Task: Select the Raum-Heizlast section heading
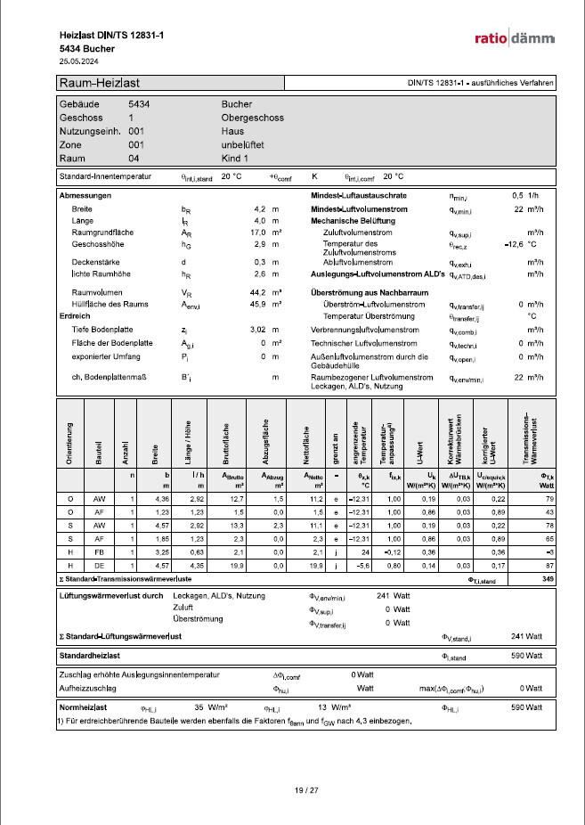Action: pyautogui.click(x=98, y=83)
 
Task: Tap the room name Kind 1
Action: pyautogui.click(x=236, y=158)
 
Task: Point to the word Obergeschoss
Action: pyautogui.click(x=252, y=118)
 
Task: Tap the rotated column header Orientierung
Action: pyautogui.click(x=70, y=445)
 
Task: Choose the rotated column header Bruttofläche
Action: pyautogui.click(x=226, y=444)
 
